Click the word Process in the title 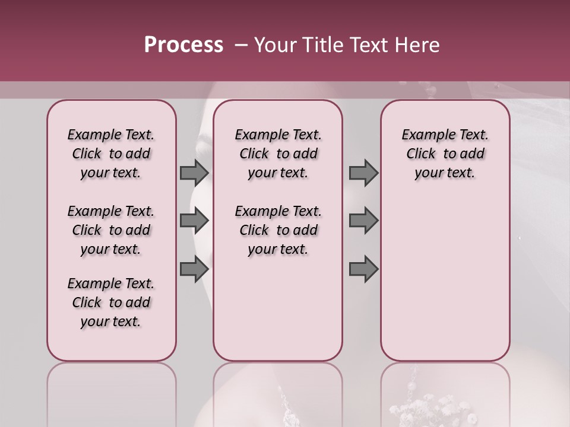coord(183,45)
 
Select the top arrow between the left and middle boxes coord(194,173)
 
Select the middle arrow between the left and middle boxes coord(194,221)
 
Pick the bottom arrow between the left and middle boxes coord(194,269)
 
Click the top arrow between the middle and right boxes coord(363,173)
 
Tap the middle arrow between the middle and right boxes coord(363,221)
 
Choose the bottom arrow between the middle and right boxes coord(363,269)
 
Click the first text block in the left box coord(111,154)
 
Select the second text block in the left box coord(111,230)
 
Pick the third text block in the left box coord(111,302)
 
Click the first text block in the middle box coord(278,154)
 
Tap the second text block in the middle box coord(278,230)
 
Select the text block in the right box coord(445,154)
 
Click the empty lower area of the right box coord(445,285)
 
